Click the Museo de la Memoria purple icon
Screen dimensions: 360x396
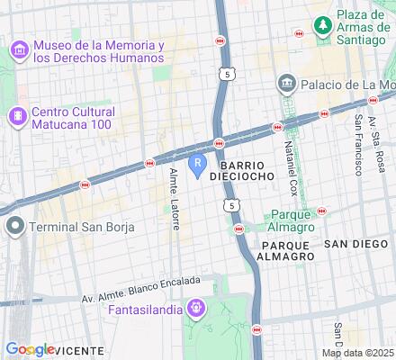coord(18,51)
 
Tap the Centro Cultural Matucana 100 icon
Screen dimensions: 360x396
coord(16,116)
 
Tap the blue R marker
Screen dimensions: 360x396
coord(197,166)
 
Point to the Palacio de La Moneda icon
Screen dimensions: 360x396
coord(286,85)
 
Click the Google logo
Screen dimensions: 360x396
coord(31,349)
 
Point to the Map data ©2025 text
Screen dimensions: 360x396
coord(359,352)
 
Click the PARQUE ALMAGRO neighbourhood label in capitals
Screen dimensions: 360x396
coord(285,250)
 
